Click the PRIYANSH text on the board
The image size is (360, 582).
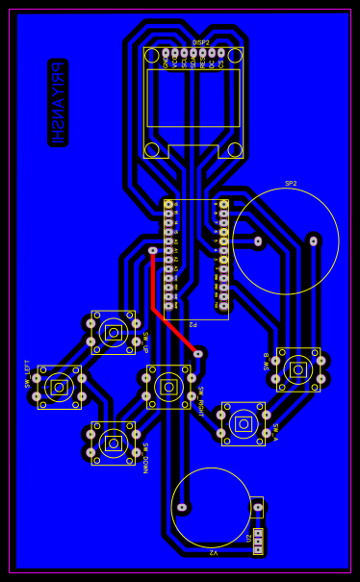[58, 103]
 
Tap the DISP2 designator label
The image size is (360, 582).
[200, 42]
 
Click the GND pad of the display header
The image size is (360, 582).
[166, 53]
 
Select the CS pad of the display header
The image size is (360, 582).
[220, 53]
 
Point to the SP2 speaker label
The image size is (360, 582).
[291, 183]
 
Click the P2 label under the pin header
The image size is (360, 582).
[193, 324]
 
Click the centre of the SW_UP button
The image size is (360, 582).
[114, 333]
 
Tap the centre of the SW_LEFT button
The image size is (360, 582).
[59, 387]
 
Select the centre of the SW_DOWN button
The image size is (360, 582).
[114, 443]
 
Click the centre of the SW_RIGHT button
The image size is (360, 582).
[168, 387]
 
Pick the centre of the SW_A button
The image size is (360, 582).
[244, 423]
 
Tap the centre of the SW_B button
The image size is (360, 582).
[298, 369]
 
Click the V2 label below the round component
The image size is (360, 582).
[214, 552]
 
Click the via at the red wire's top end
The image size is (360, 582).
[152, 250]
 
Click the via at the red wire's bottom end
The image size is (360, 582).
[198, 354]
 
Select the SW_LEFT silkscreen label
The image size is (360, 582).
[27, 373]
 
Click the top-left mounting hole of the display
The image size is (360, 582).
[152, 56]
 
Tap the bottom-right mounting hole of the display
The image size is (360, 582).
[235, 150]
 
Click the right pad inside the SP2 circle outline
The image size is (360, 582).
[313, 240]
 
